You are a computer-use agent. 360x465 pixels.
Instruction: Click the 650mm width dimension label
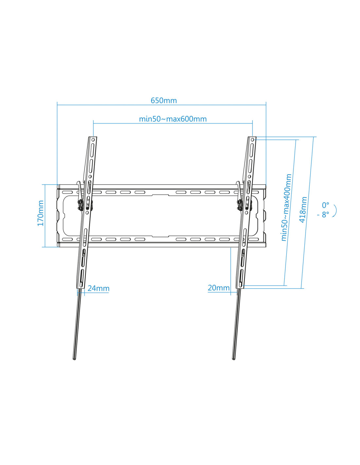[164, 100]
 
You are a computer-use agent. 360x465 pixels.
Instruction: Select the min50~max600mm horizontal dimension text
[173, 119]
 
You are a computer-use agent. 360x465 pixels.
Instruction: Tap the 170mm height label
[41, 213]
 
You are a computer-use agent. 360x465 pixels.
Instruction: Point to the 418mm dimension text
[303, 210]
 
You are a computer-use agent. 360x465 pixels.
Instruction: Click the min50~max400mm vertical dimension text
[286, 208]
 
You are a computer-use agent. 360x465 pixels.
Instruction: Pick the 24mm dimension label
[99, 288]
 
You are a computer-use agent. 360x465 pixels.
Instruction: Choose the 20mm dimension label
[219, 288]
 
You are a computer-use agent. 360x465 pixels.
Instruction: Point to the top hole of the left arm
[93, 140]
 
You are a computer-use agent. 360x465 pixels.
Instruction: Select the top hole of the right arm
[252, 140]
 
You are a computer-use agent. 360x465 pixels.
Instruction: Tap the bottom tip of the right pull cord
[234, 359]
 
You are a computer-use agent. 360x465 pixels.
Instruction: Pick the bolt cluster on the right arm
[239, 205]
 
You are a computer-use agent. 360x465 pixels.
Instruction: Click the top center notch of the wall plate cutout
[160, 195]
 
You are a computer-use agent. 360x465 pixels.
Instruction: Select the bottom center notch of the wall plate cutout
[160, 236]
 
